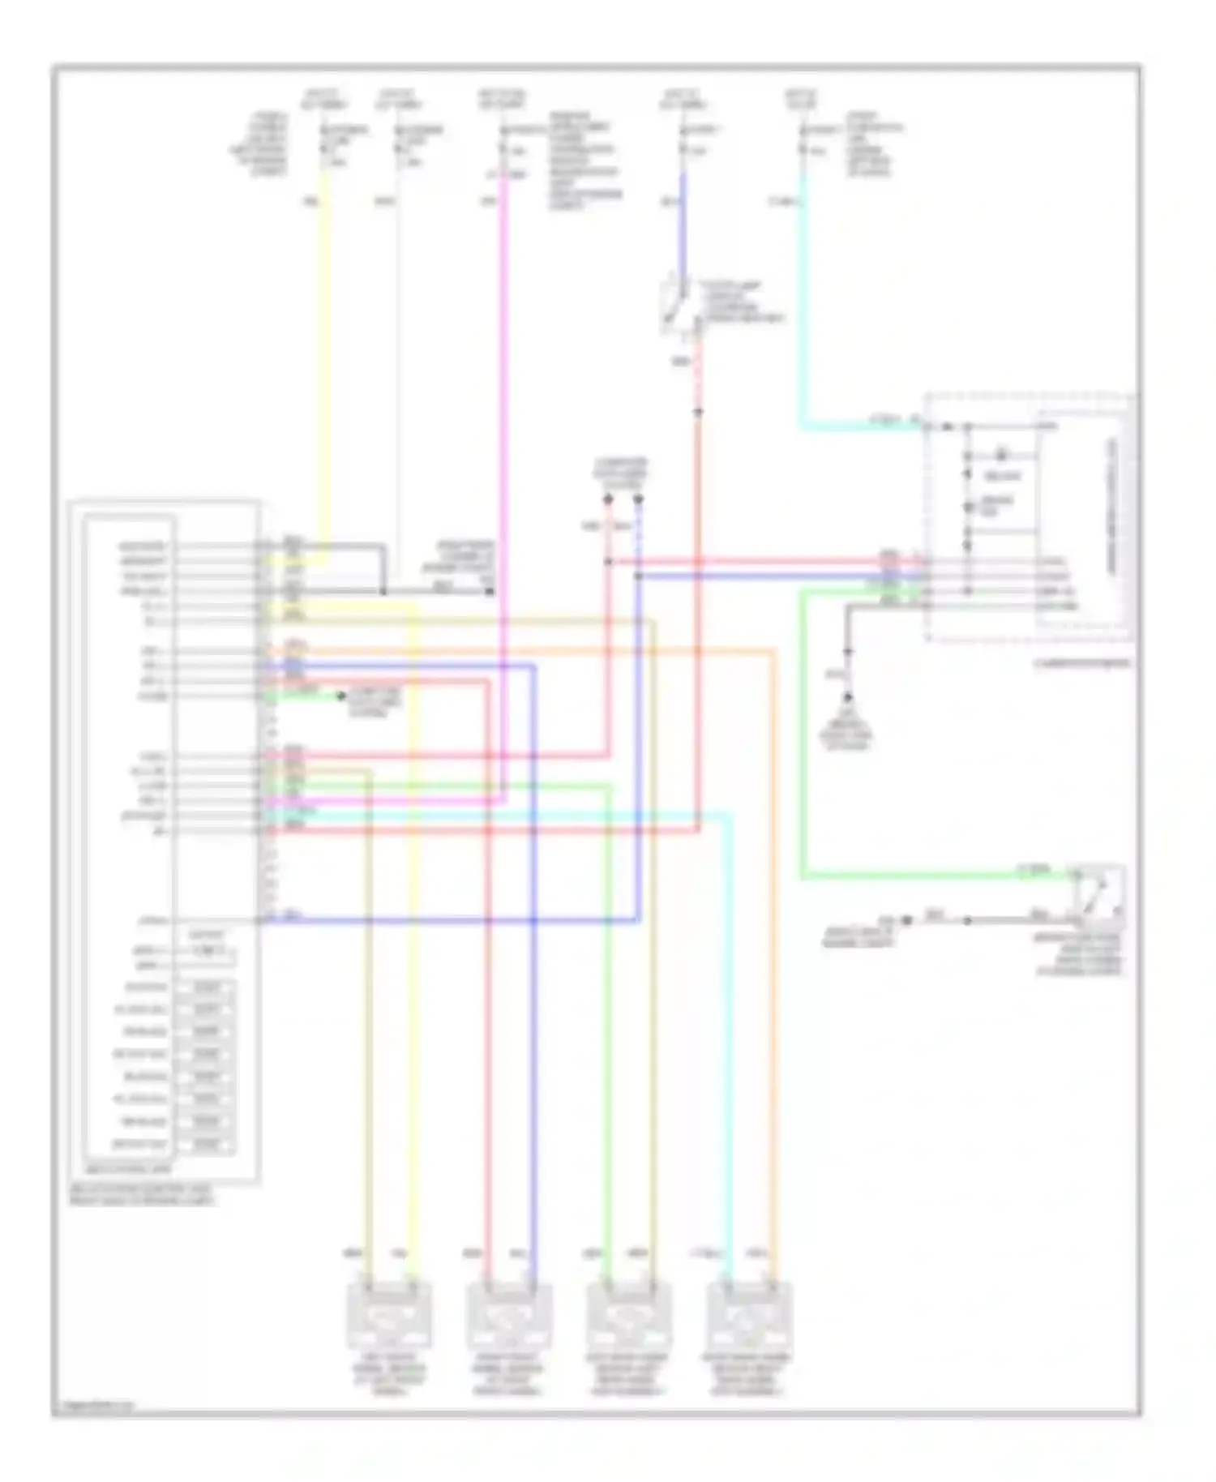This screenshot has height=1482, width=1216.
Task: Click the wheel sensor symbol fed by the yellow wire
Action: [389, 1314]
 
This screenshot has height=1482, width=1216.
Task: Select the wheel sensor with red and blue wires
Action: [509, 1314]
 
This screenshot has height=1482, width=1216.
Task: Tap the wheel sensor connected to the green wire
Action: [629, 1314]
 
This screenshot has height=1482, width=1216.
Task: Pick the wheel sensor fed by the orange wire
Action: [749, 1314]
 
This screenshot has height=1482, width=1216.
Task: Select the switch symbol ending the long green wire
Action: [1099, 892]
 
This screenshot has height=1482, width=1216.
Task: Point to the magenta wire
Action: [505, 486]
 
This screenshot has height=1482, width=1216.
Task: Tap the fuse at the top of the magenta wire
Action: [503, 149]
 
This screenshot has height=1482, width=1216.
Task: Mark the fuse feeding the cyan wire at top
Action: [803, 149]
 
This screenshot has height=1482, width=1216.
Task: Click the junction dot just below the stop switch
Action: [697, 412]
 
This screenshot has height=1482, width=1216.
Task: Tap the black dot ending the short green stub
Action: [341, 696]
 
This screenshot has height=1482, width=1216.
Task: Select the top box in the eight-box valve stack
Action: [208, 987]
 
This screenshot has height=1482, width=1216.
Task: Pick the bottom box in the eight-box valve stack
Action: [208, 1145]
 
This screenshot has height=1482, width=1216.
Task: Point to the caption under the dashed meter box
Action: [1081, 663]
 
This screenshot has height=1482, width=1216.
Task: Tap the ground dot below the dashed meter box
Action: [848, 696]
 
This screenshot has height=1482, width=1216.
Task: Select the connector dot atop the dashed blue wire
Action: [638, 499]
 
